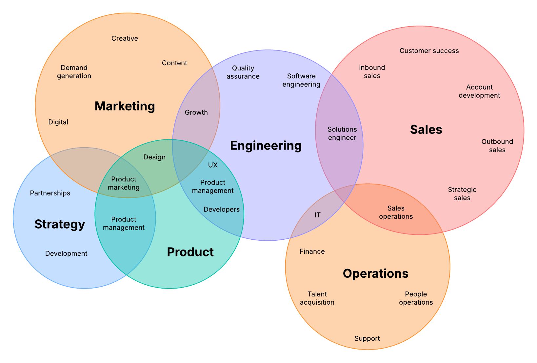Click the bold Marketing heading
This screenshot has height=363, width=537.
(x=125, y=106)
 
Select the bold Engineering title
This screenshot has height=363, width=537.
(x=266, y=146)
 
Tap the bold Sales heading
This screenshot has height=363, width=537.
(x=426, y=130)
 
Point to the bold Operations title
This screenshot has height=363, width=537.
(x=375, y=273)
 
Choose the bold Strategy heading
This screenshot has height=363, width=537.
(x=60, y=224)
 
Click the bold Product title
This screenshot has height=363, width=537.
(x=190, y=252)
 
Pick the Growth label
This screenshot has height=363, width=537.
(x=196, y=112)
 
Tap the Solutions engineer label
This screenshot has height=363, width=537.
(x=342, y=133)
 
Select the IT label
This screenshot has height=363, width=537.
(x=317, y=215)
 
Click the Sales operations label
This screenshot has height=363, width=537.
(x=396, y=212)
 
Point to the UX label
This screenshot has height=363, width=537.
(x=213, y=165)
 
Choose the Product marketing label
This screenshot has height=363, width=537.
(x=124, y=183)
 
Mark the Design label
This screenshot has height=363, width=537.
(x=154, y=157)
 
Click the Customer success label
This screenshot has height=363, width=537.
(x=429, y=51)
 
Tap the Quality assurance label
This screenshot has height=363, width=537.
(x=243, y=72)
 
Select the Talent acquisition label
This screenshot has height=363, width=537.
(x=317, y=298)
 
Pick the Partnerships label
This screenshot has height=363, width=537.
(x=50, y=193)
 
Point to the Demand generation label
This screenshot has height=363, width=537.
(x=74, y=72)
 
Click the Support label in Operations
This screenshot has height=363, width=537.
(x=367, y=338)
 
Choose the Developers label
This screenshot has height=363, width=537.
(x=221, y=210)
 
